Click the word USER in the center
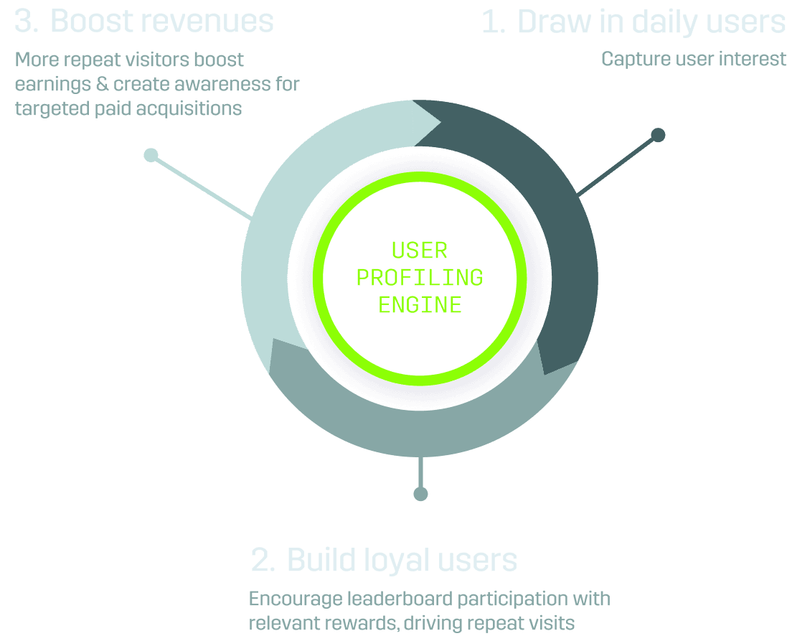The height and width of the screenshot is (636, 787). [x=420, y=251]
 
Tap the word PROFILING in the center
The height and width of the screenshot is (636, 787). [x=420, y=278]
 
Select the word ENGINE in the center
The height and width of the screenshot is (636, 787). [x=420, y=305]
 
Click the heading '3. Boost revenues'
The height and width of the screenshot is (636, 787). [x=144, y=22]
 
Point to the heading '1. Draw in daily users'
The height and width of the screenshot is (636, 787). [x=633, y=22]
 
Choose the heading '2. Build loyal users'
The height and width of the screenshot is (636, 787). [x=384, y=560]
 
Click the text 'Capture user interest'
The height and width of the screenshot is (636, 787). [x=693, y=59]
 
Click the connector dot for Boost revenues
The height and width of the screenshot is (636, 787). [x=151, y=155]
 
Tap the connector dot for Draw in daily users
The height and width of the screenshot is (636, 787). [x=657, y=134]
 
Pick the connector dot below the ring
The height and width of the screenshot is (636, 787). [x=420, y=494]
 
